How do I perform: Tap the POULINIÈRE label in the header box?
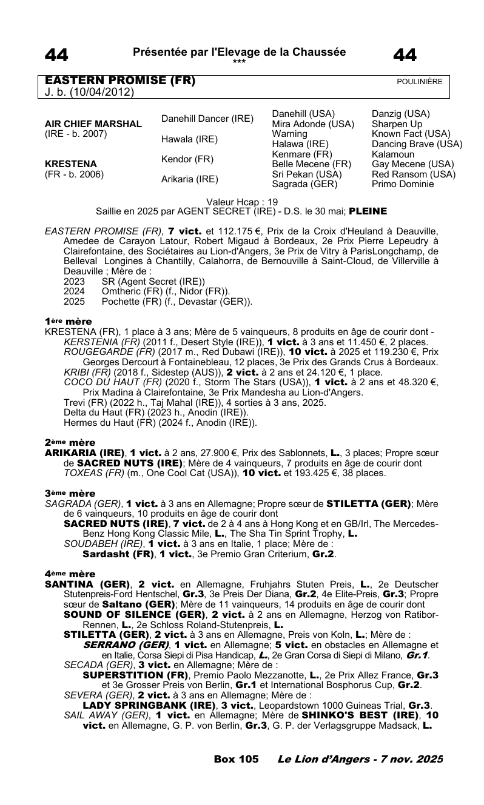tap(420, 82)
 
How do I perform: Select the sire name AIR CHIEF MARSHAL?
tap(93, 124)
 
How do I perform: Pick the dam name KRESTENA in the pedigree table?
tap(72, 164)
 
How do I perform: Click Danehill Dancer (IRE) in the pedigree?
tap(207, 119)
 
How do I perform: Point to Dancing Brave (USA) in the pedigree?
tap(417, 144)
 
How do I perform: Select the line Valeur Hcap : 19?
tap(241, 202)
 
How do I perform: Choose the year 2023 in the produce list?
tap(74, 281)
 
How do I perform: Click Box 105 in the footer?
tap(237, 759)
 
